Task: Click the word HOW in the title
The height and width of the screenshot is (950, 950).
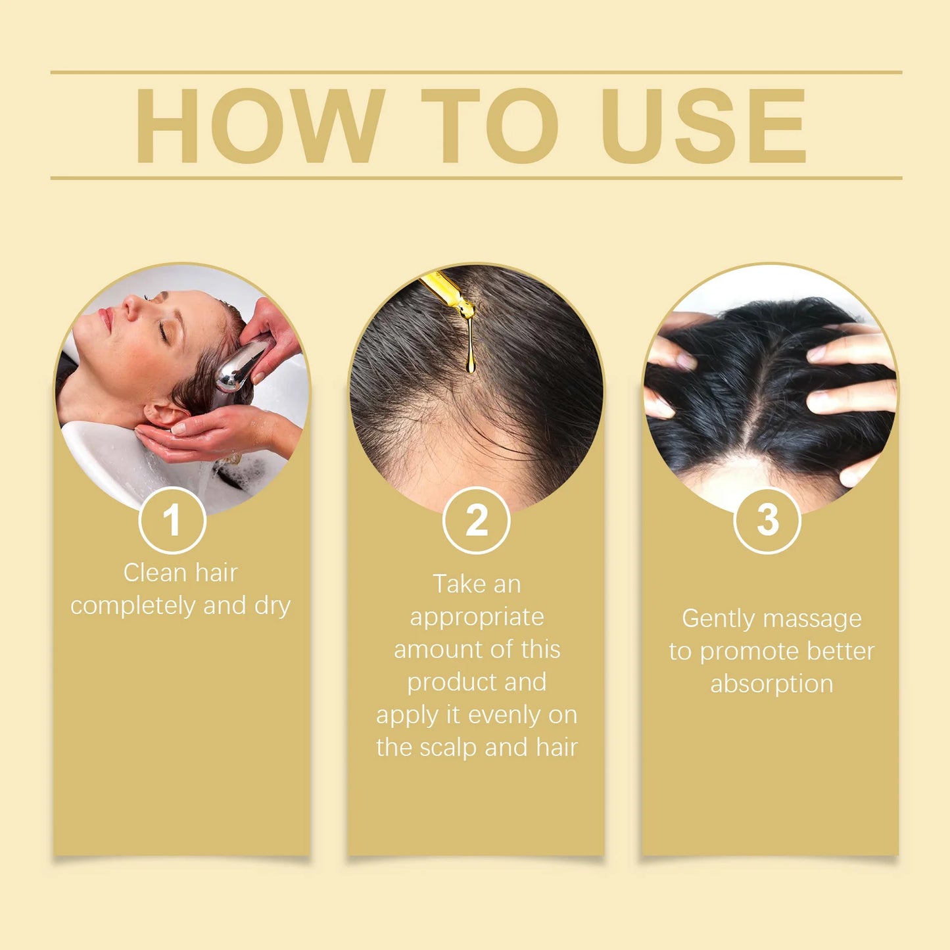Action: (x=260, y=126)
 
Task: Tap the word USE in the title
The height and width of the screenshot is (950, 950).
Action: (x=703, y=126)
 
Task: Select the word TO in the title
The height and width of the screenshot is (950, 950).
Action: (x=490, y=126)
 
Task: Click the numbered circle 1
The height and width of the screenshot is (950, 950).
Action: (x=172, y=521)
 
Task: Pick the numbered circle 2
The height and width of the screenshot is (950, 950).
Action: (x=477, y=521)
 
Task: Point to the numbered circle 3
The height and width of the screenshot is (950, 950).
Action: (x=767, y=521)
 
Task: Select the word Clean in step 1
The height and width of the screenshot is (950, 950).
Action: (x=154, y=573)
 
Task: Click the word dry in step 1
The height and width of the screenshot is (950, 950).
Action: (x=272, y=606)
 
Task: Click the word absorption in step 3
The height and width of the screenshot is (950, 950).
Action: (x=771, y=684)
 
